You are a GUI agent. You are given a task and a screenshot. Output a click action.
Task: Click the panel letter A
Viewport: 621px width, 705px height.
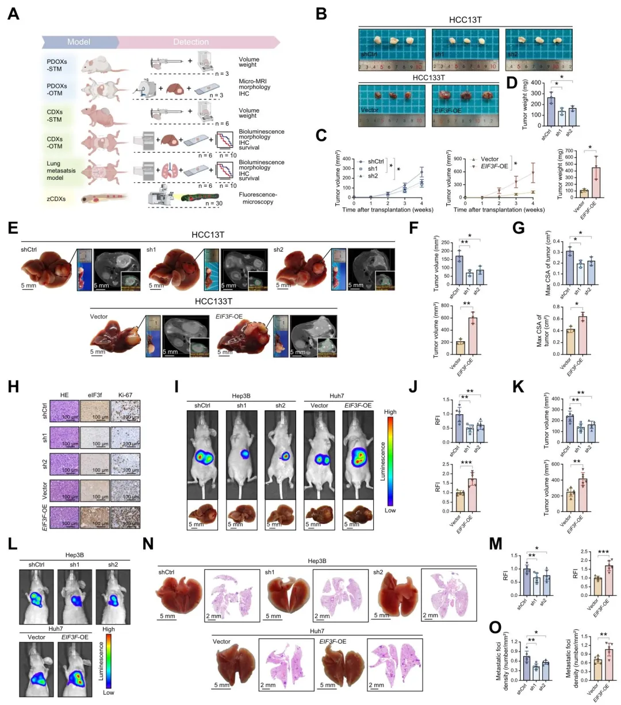pyautogui.click(x=13, y=14)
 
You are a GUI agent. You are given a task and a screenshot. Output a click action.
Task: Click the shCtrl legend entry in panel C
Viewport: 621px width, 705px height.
pyautogui.click(x=375, y=161)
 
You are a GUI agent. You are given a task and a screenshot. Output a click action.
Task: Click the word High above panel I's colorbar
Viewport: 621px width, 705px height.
pyautogui.click(x=390, y=412)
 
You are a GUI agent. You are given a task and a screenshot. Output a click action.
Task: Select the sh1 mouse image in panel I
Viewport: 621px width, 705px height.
pyautogui.click(x=241, y=454)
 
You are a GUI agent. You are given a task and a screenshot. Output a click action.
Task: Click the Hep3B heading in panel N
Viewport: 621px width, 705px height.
pyautogui.click(x=317, y=561)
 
